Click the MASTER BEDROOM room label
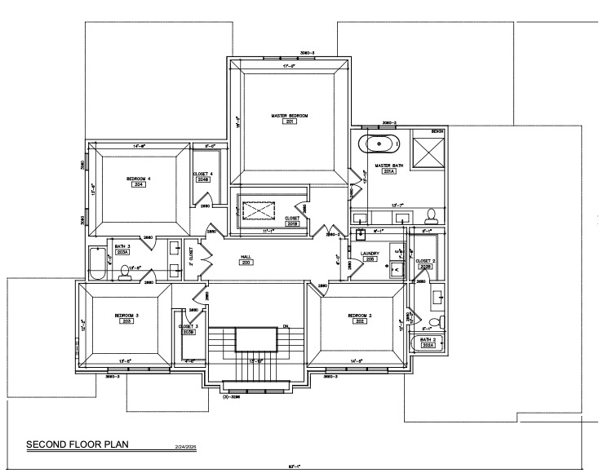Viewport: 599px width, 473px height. pos(290,116)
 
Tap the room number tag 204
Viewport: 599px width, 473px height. pos(140,185)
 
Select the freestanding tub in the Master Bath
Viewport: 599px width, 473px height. pos(379,146)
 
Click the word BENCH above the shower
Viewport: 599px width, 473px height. pos(438,131)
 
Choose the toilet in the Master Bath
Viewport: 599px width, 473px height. pos(432,215)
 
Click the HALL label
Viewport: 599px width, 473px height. pos(245,258)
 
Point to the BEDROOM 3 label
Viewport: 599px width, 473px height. pos(126,315)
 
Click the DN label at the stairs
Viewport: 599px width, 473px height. pos(286,326)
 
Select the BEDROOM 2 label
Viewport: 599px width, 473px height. pos(360,315)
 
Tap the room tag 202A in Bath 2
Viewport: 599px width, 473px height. pos(428,346)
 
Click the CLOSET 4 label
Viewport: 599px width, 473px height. pos(202,174)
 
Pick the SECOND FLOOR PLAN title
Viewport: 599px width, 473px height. pos(78,444)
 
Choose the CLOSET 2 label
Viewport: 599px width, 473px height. pos(424,261)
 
